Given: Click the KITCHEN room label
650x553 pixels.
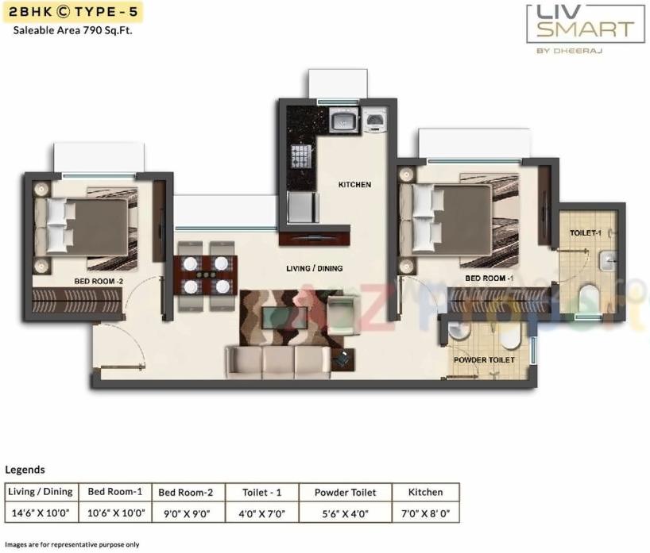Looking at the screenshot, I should (354, 185).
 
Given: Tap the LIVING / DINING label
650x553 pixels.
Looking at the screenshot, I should (315, 268).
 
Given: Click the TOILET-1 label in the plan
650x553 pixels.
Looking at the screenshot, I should (586, 233).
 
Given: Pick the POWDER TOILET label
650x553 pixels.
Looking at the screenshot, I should (484, 360).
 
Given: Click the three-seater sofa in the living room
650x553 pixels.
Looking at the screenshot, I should (278, 361).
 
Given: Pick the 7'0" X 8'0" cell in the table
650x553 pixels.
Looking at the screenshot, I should (428, 513).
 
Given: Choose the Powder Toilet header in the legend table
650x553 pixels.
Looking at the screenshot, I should (345, 492).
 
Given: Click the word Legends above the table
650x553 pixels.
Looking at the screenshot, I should (25, 470).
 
